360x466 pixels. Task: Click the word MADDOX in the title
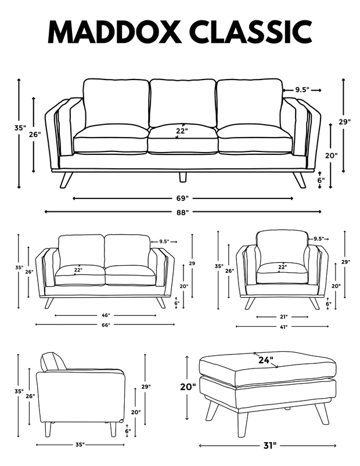click(x=114, y=32)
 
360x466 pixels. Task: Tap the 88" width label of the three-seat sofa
click(x=182, y=212)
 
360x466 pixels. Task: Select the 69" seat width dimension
click(x=182, y=198)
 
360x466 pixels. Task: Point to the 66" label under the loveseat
click(x=106, y=325)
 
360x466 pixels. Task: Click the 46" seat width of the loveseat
click(x=106, y=315)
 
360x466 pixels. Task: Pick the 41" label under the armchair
click(x=283, y=327)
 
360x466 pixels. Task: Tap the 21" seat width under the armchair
click(x=283, y=317)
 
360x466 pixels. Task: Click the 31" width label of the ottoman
click(x=269, y=445)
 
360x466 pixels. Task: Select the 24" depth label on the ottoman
click(x=265, y=360)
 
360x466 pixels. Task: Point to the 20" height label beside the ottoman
click(x=188, y=386)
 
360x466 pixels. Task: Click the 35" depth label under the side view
click(x=80, y=445)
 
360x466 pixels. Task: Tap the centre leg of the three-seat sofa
click(x=183, y=176)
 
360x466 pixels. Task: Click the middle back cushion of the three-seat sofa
click(x=182, y=103)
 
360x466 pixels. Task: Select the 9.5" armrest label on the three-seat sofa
click(x=303, y=90)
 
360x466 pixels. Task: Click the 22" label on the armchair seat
click(x=282, y=267)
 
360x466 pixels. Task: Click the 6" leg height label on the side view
click(x=128, y=431)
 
